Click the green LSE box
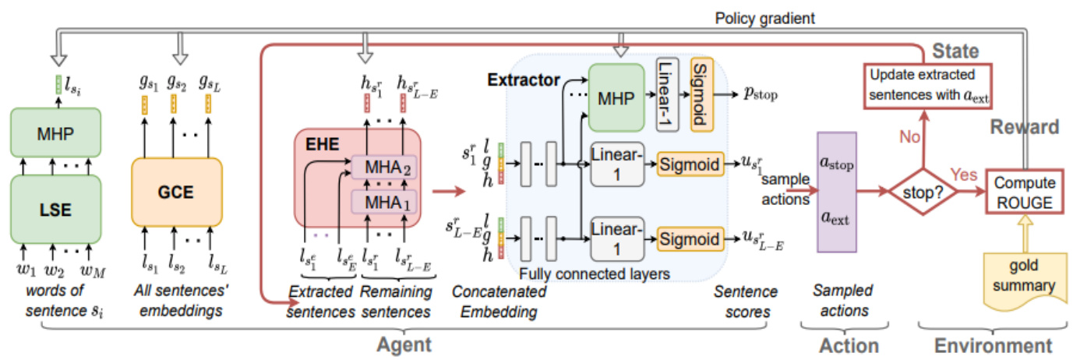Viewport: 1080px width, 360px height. pyautogui.click(x=56, y=210)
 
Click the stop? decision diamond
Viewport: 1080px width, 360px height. pyautogui.click(x=921, y=189)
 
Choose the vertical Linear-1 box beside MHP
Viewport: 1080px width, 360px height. pyautogui.click(x=668, y=93)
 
